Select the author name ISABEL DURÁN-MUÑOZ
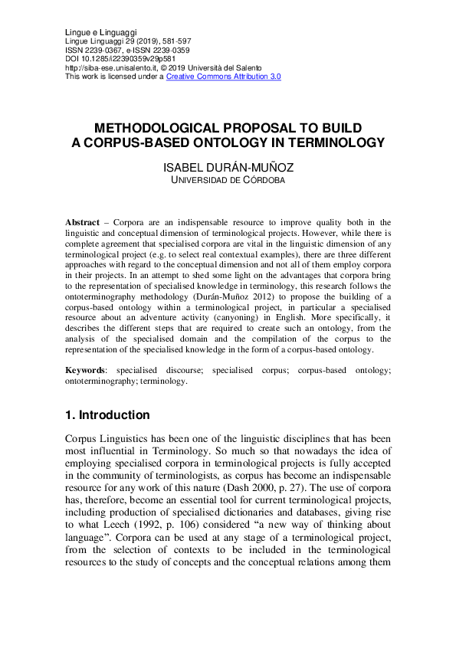(228, 168)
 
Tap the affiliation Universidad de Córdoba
(228, 181)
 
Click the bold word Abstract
(83, 221)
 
